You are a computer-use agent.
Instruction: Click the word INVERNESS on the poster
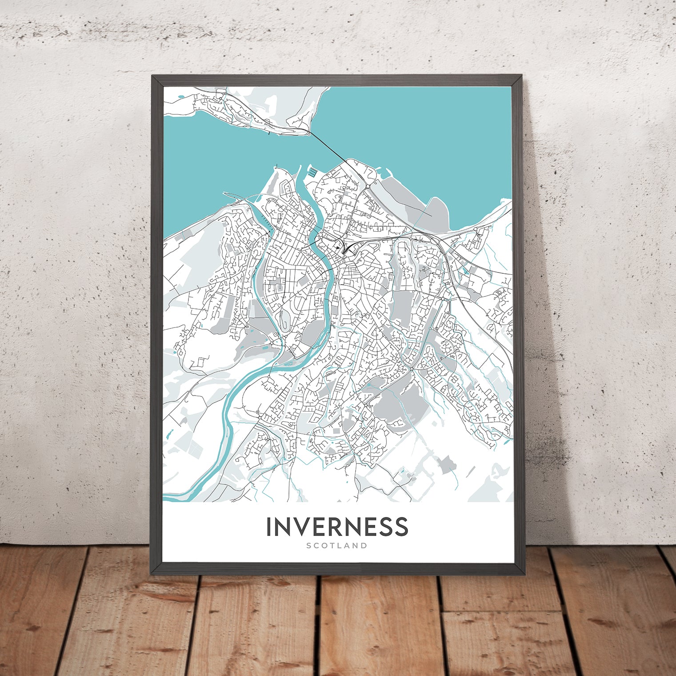click(337, 527)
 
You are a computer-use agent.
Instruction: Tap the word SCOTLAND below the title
click(337, 545)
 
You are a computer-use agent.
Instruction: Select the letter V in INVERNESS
click(290, 527)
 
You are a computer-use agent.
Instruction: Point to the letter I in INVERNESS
click(269, 527)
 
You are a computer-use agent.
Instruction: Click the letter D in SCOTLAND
click(364, 545)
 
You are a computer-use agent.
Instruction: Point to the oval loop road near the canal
click(283, 318)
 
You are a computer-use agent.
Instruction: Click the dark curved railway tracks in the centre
click(349, 247)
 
